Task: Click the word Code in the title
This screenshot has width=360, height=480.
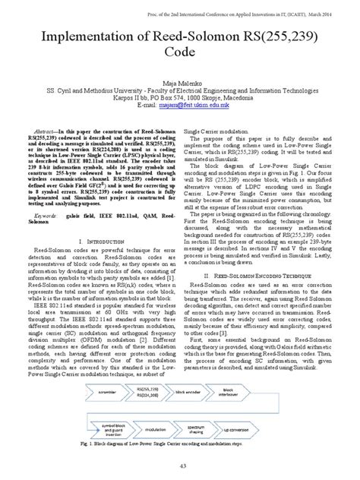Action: [178, 58]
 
